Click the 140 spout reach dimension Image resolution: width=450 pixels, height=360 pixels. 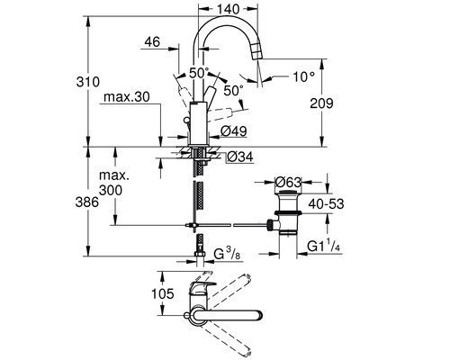229,9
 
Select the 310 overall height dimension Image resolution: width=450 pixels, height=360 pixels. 87,82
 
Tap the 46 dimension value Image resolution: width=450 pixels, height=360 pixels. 152,42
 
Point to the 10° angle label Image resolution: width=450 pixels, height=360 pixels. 304,77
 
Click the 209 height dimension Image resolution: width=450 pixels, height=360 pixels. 321,103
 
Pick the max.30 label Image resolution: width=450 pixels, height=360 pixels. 126,97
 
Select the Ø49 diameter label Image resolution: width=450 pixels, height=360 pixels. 234,131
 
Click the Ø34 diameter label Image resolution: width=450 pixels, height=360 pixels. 240,157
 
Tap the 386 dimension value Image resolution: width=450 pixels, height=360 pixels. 87,202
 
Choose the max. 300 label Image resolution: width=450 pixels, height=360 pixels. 114,183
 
